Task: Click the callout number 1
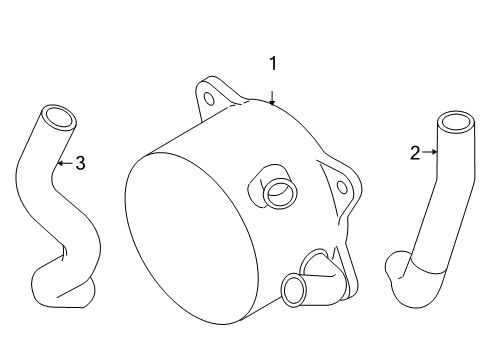(273, 63)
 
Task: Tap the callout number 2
(415, 153)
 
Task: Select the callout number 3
(80, 163)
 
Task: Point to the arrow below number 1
(272, 98)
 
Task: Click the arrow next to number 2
(430, 152)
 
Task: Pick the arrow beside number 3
(65, 163)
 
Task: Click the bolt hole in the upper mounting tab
(209, 99)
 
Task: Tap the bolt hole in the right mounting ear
(342, 187)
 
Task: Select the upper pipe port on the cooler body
(279, 192)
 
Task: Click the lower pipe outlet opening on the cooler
(294, 289)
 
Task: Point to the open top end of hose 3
(58, 117)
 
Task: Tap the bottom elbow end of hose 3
(62, 287)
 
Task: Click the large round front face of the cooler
(192, 238)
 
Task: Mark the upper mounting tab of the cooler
(213, 95)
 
